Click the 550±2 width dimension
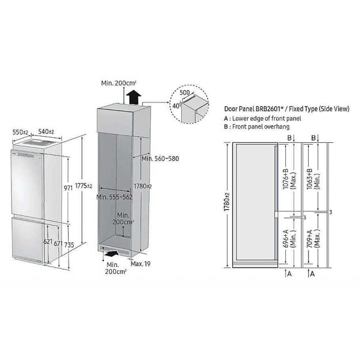click(x=20, y=132)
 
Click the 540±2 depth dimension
click(x=46, y=132)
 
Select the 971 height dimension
click(x=68, y=188)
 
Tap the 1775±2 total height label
click(x=84, y=186)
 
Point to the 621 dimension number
click(x=48, y=241)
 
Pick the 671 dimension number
click(x=58, y=244)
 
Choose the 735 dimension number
click(x=69, y=245)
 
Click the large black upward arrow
click(x=134, y=97)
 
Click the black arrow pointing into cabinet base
click(x=111, y=254)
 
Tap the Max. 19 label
click(x=141, y=264)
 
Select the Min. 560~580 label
click(x=160, y=159)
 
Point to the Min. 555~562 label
click(x=114, y=197)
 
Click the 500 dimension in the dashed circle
click(x=184, y=92)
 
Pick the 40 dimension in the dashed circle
click(x=176, y=106)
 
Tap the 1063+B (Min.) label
click(x=313, y=179)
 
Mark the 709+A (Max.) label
click(x=313, y=238)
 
